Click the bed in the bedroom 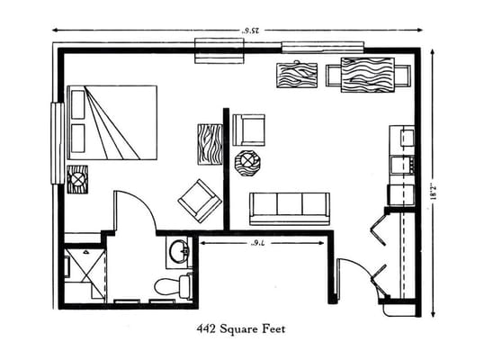pyautogui.click(x=112, y=124)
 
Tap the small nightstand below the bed pyautogui.click(x=79, y=178)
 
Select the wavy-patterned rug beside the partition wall pyautogui.click(x=210, y=144)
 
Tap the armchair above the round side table pyautogui.click(x=247, y=130)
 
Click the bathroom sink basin pyautogui.click(x=177, y=251)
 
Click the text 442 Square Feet pyautogui.click(x=241, y=329)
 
